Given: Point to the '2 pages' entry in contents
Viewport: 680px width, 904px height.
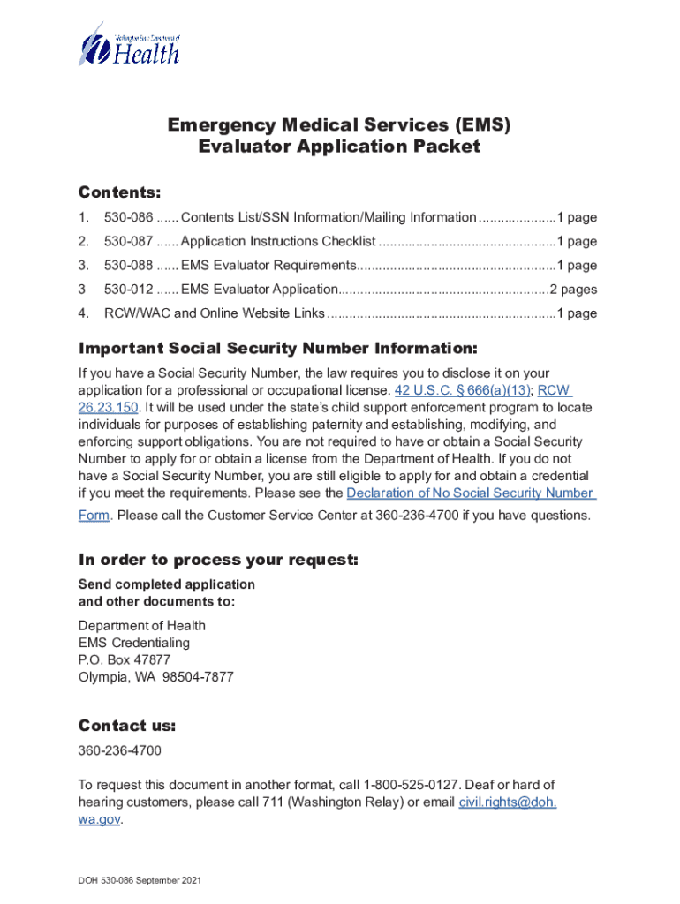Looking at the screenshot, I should click(573, 290).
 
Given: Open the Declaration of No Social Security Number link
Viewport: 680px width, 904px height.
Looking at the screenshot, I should click(470, 493).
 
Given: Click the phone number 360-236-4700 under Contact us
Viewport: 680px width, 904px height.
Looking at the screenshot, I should click(120, 751).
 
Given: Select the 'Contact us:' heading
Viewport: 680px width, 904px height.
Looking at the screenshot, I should click(127, 726).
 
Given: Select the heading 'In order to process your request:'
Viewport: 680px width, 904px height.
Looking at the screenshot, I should click(218, 561).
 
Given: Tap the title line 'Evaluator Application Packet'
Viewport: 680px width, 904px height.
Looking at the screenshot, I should click(339, 147).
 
